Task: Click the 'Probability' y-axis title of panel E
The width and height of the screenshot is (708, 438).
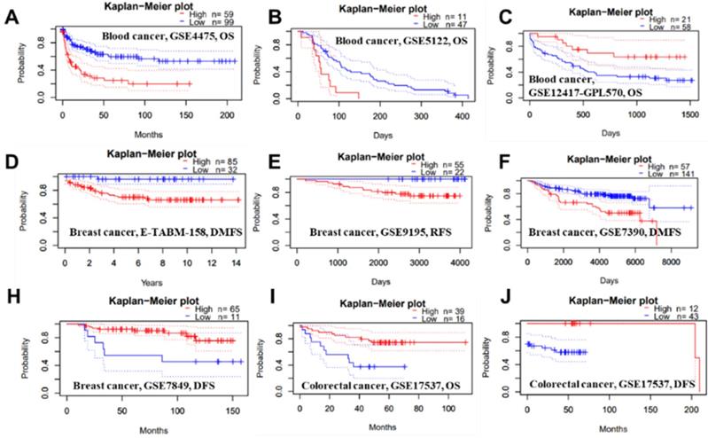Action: coord(260,210)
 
